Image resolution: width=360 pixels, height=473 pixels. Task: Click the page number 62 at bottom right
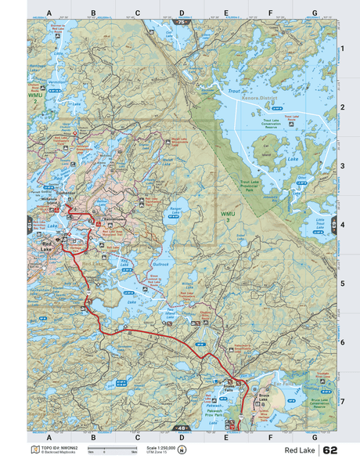tap(330, 450)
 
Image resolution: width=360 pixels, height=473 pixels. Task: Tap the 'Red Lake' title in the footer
tap(300, 451)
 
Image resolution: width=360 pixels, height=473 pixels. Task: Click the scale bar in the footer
tap(113, 452)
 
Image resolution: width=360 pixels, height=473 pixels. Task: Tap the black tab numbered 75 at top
tap(182, 23)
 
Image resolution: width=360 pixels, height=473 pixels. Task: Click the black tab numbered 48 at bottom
tap(182, 428)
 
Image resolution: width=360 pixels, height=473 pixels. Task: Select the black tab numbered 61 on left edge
tap(30, 226)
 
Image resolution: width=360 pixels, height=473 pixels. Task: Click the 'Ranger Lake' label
tap(175, 210)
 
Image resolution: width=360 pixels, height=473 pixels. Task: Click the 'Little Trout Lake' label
tap(320, 223)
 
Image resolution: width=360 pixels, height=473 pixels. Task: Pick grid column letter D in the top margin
tap(182, 13)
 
